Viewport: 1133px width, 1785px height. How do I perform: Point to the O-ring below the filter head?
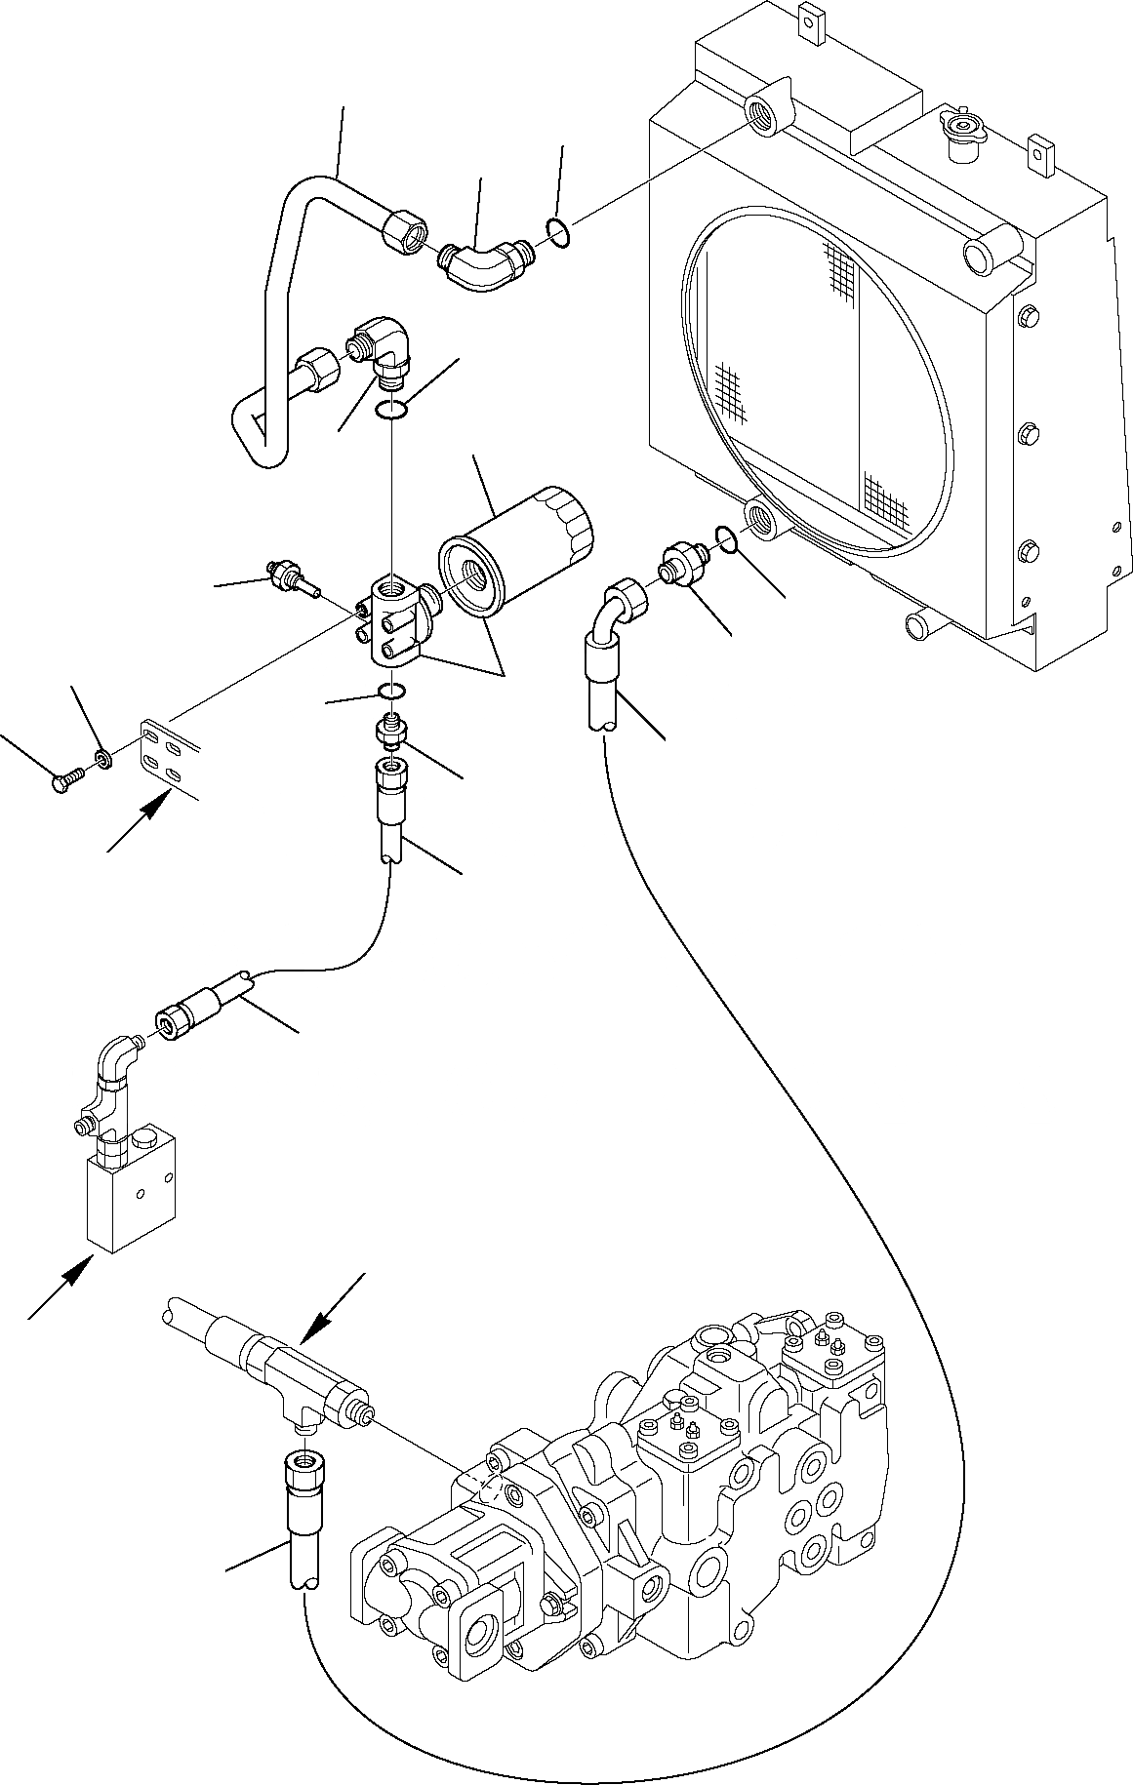pyautogui.click(x=393, y=692)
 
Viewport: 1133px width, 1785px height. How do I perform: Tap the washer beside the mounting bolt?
pyautogui.click(x=102, y=757)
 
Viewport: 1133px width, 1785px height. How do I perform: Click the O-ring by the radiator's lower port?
pyautogui.click(x=724, y=535)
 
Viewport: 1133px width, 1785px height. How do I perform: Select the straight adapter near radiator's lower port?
pyautogui.click(x=679, y=564)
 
